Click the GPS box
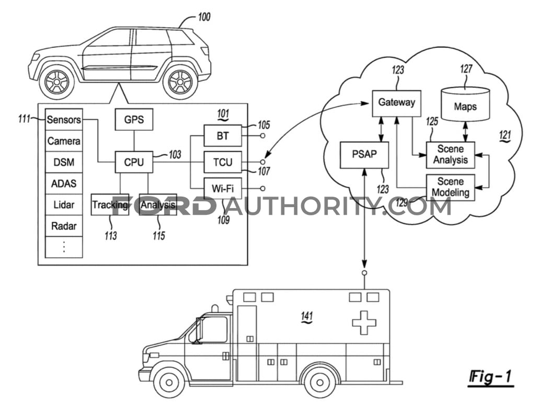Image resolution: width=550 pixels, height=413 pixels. pos(134,119)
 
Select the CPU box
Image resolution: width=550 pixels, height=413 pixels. pos(134,162)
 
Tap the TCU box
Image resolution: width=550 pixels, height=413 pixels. pos(223,162)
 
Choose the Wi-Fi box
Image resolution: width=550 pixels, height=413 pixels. pos(223,189)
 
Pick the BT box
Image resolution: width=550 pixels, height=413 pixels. pos(223,135)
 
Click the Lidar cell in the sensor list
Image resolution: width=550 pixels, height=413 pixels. pos(64,204)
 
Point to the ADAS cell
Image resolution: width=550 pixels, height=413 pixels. pos(64,183)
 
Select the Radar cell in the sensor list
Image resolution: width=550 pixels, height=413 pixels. pos(64,226)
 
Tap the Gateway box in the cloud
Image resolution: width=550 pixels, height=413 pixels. pos(396,104)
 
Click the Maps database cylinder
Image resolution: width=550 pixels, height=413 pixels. pos(465,104)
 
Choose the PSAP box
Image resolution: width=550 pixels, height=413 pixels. pos(364,155)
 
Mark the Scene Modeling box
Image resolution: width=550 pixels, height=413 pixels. pos(450,187)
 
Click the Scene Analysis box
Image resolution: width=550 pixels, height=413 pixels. pos(450,155)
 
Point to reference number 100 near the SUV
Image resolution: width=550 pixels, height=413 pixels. pos(204,17)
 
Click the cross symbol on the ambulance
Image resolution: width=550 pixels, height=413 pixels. pos(364,323)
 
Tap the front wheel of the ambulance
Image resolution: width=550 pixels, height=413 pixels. pos(169,382)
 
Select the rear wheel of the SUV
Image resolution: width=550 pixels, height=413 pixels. pos(180,82)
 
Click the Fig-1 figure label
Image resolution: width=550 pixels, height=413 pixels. pos(491,377)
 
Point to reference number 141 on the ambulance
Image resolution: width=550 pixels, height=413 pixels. pos(306,316)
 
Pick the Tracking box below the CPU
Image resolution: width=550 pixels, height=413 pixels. pos(110,204)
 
